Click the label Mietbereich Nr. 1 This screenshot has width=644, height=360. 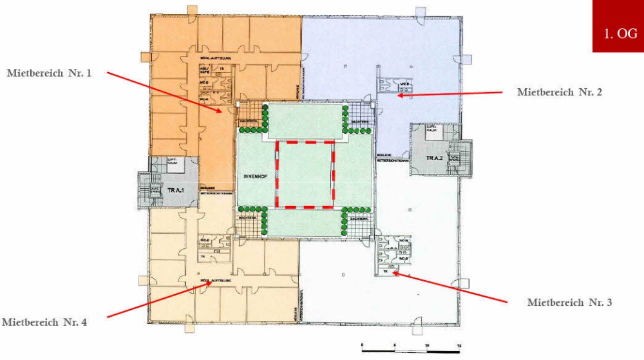(49, 73)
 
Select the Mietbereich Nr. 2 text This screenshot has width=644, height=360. (560, 93)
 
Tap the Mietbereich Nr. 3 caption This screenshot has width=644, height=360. (569, 302)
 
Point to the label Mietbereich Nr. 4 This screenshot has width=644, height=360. (44, 322)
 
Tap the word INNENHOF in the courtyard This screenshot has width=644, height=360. (256, 175)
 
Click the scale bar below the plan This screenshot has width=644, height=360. (411, 351)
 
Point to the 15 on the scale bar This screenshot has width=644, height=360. (459, 346)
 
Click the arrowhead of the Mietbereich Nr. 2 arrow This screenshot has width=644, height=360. (399, 95)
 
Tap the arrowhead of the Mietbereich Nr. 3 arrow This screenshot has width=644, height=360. (393, 272)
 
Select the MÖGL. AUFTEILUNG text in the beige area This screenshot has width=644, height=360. (215, 281)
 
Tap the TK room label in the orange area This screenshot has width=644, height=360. (222, 68)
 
